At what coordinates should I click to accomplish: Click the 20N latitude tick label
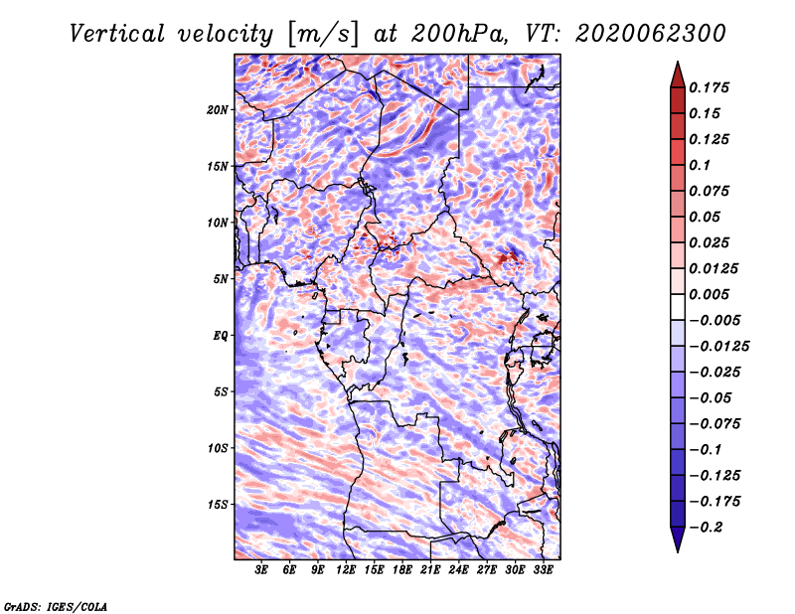tap(218, 110)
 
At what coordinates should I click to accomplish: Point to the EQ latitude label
tap(221, 336)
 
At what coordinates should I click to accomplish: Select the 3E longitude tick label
tap(261, 570)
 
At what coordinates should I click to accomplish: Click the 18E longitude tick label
tap(402, 570)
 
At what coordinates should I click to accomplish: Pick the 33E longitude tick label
tap(543, 570)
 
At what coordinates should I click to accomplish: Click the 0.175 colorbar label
tap(709, 87)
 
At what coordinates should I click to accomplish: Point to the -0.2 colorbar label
tap(706, 528)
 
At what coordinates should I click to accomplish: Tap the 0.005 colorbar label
tap(709, 294)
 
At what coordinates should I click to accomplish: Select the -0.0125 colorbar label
tap(719, 347)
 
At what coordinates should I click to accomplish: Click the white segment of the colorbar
tap(678, 307)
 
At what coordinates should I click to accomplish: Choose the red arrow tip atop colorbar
tap(678, 62)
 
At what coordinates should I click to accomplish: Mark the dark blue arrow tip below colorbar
tap(678, 551)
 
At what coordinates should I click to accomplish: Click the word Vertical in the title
tap(117, 34)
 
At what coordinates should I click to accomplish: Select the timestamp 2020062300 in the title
tap(651, 34)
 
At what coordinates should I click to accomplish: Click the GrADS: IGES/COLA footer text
tap(56, 606)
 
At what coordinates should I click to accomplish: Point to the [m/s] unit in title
tap(323, 34)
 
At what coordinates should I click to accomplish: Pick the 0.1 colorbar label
tap(700, 165)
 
